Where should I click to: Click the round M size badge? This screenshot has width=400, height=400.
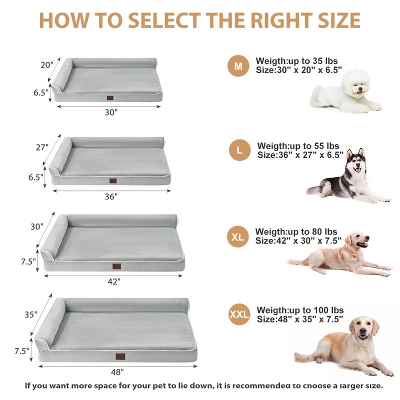click(238, 66)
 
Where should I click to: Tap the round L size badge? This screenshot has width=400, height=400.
click(239, 150)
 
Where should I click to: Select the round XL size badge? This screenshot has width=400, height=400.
click(238, 236)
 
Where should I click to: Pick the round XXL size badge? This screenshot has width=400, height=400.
click(239, 314)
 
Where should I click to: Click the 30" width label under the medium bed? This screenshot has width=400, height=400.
click(111, 112)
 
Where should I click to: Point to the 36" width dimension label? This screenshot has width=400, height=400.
click(111, 196)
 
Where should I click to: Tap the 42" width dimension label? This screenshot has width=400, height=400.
click(114, 281)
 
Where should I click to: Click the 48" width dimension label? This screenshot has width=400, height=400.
click(117, 372)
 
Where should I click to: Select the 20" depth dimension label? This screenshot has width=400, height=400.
click(47, 65)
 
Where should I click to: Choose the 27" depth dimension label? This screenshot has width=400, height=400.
click(42, 147)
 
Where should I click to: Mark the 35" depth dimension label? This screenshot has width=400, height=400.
click(31, 314)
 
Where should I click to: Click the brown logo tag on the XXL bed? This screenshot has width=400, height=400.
click(120, 356)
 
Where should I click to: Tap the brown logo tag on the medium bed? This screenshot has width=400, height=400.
click(110, 98)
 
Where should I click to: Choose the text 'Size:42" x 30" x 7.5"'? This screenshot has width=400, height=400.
click(298, 240)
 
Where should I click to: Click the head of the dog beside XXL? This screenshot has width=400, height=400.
click(362, 329)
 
